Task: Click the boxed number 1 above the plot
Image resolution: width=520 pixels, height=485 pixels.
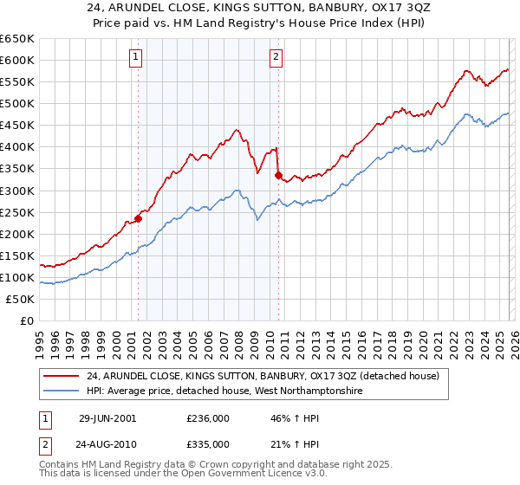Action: pyautogui.click(x=138, y=58)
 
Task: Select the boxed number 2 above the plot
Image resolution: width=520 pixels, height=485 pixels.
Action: pyautogui.click(x=276, y=58)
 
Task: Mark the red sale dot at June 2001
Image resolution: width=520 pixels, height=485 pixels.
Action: pyautogui.click(x=139, y=218)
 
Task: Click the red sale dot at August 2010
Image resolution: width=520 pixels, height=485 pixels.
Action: pyautogui.click(x=278, y=175)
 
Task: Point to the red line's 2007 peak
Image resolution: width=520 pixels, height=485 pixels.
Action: pyautogui.click(x=236, y=131)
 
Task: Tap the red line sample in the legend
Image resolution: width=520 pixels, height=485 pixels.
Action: pyautogui.click(x=61, y=376)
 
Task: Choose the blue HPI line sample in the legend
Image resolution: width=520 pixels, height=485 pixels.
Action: pyautogui.click(x=61, y=391)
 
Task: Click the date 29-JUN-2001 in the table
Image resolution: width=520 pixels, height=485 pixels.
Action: pyautogui.click(x=107, y=418)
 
